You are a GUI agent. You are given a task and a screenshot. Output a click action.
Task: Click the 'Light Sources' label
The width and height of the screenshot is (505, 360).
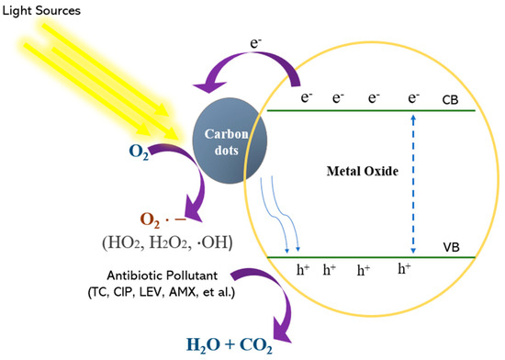pos(41,11)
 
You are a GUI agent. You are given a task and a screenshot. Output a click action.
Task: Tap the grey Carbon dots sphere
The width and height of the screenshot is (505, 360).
pos(230,141)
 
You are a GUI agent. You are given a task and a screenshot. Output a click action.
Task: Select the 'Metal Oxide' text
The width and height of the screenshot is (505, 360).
pos(363,171)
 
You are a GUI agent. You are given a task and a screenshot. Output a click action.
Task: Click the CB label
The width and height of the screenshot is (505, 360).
pos(450,100)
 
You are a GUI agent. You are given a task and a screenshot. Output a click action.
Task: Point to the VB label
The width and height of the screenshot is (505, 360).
pos(451,247)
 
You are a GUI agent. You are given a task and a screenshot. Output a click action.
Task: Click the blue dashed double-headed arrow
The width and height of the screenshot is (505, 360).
pos(413,184)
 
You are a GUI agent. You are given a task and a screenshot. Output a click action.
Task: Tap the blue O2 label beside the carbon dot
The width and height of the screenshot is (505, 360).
pos(139,152)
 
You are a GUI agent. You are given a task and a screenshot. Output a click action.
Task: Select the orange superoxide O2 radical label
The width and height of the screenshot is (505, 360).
pos(163,219)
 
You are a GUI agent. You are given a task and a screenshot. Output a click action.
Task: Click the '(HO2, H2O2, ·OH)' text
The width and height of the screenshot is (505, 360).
pos(167,242)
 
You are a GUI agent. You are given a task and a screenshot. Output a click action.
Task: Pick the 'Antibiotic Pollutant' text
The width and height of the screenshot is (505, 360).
pos(163,276)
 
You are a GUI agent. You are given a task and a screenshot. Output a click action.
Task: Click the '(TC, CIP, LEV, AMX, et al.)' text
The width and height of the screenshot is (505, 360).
pos(162,292)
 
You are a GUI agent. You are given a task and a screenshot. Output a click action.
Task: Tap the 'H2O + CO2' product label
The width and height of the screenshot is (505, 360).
pos(230,345)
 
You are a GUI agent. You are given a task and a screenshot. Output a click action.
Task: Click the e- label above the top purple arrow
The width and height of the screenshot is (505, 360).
pos(256,43)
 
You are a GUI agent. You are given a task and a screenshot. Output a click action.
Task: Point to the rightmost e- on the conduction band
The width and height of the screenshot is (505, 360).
pos(414,97)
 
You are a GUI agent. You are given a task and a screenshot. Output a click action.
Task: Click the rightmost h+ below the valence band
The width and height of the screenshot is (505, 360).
pos(405,268)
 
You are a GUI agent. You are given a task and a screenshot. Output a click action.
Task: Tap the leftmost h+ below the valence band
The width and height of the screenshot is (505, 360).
pos(303,270)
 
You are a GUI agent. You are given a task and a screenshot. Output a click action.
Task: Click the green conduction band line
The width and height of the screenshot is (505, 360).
pos(371,110)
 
